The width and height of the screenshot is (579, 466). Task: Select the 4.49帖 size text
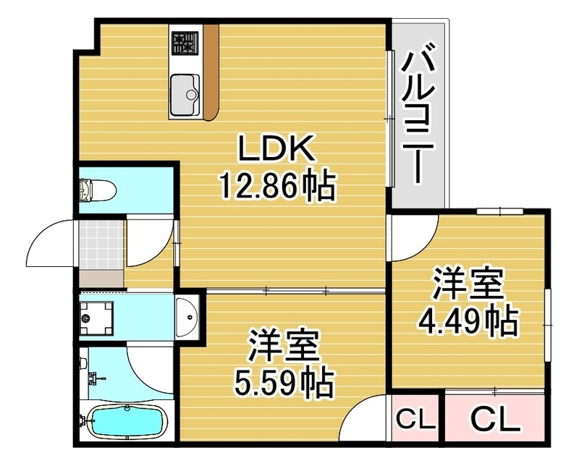coord(468,321)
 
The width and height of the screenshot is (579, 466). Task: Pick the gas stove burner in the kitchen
coord(185,43)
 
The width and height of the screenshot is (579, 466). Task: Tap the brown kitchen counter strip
coord(211,72)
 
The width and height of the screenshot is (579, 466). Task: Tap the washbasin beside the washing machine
coord(187,317)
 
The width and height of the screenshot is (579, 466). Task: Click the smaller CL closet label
coord(414,419)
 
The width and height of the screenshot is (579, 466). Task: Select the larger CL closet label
coord(496,419)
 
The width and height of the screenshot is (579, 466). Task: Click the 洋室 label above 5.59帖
coord(284,347)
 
